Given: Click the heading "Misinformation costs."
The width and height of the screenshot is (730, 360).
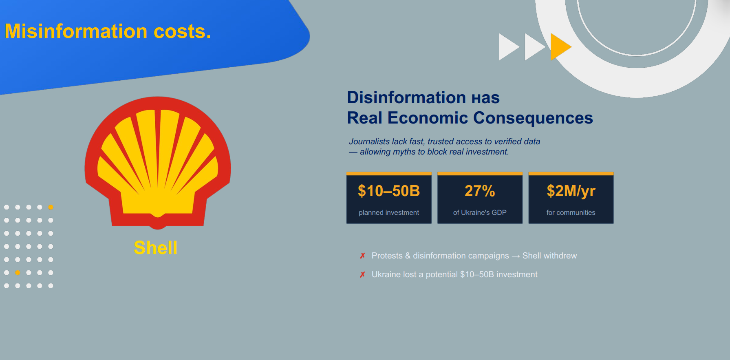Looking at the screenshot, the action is click(x=108, y=31).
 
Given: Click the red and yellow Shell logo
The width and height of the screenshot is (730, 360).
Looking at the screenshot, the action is click(x=158, y=163).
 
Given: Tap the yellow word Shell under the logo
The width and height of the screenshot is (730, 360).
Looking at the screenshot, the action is click(x=156, y=248).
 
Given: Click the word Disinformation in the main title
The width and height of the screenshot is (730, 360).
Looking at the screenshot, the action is click(x=406, y=97).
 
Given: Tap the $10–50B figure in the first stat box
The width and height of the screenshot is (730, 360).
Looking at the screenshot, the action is click(x=389, y=191).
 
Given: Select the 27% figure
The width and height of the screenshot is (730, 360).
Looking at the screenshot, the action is click(x=480, y=191).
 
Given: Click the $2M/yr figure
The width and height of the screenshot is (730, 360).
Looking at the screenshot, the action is click(x=571, y=191).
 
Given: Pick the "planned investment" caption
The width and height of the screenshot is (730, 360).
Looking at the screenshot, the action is click(x=389, y=212).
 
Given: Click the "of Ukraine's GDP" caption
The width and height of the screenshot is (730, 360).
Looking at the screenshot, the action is click(x=480, y=212).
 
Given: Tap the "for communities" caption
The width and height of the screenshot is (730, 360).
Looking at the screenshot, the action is click(x=571, y=212).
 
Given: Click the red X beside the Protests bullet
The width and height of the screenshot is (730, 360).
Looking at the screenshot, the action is click(x=362, y=256).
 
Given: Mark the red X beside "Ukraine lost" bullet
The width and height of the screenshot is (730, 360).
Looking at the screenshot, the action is click(x=362, y=274).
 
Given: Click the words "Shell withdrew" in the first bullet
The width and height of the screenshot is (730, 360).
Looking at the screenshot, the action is click(x=550, y=256).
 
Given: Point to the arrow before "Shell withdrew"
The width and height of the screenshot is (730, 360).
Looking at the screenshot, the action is click(x=516, y=256).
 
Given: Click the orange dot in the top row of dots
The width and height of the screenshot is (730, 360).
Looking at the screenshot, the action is click(x=51, y=207).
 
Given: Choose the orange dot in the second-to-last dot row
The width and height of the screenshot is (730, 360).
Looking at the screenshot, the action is click(x=18, y=272).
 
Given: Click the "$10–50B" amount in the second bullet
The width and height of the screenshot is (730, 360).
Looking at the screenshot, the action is click(x=477, y=274).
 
